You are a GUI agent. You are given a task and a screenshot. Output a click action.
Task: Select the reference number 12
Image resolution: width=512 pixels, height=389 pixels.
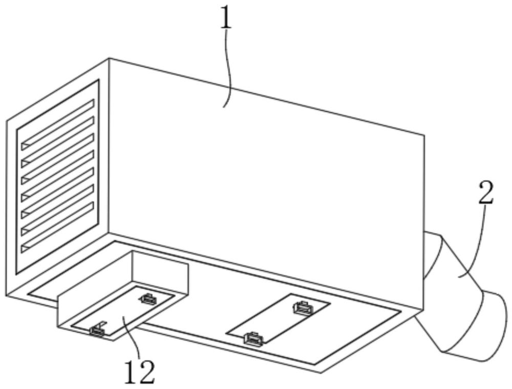click(139, 372)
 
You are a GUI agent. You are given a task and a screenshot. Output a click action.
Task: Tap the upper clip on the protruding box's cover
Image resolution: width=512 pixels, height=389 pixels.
click(148, 298)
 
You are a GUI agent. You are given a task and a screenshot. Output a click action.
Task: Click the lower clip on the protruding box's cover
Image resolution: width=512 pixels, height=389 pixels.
click(97, 331)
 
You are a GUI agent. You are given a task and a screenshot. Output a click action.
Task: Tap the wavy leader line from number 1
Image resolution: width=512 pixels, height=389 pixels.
click(228, 69)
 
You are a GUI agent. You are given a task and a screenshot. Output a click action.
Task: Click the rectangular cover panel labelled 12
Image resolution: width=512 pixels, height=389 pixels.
click(122, 311)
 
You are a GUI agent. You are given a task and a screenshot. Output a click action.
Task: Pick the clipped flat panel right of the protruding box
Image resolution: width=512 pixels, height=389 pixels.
click(278, 318)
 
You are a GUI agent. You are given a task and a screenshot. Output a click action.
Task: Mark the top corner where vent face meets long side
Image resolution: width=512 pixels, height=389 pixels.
click(109, 58)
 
